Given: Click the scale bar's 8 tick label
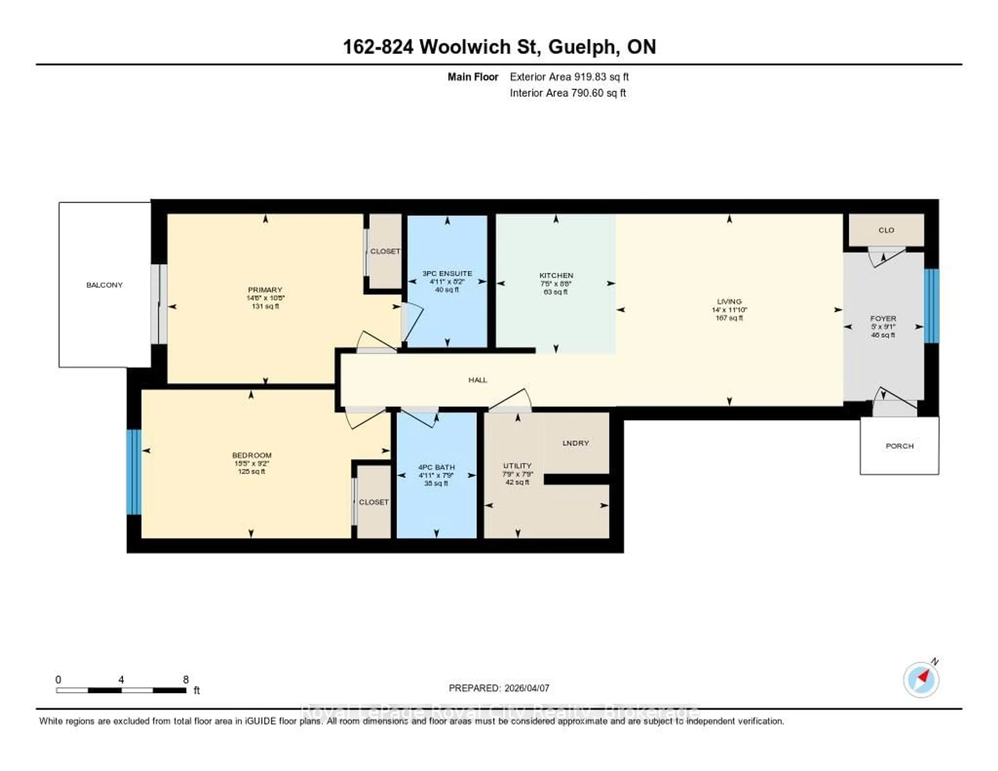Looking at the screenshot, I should [186, 679].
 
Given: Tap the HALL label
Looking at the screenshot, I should [477, 380].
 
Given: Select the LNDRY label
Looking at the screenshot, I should [575, 443].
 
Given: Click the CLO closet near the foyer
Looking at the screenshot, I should [886, 230].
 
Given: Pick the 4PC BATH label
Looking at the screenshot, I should [436, 467].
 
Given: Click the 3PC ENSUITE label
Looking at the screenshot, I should [447, 273].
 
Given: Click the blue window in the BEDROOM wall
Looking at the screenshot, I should [134, 472].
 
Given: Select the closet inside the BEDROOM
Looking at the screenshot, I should [373, 501].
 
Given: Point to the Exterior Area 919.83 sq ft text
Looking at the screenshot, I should [569, 77].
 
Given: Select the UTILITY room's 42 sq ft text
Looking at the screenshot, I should [517, 482].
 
